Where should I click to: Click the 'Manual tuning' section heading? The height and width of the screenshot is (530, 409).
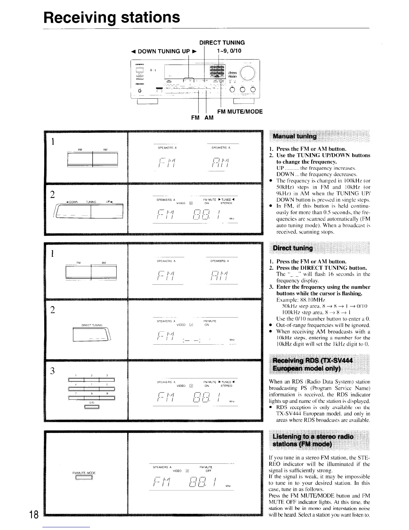coord(295,136)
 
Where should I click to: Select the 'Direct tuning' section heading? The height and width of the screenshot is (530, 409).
coord(293,248)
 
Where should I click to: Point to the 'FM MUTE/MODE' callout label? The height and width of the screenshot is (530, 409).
coord(240,111)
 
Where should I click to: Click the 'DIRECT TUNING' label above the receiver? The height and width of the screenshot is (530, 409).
coord(222,42)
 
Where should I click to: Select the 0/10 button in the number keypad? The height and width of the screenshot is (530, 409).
coord(91,407)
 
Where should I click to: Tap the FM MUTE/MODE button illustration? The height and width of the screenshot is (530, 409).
coord(84,478)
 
